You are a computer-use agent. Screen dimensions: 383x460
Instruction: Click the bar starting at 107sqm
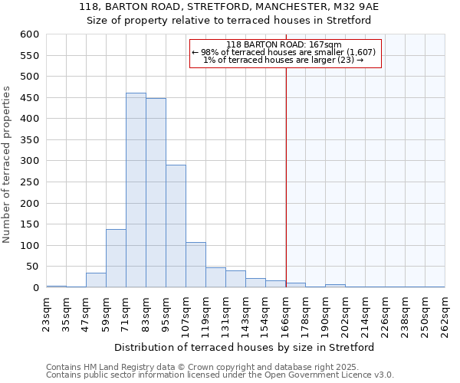[x=195, y=265]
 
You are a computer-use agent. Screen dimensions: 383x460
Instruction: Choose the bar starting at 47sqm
[x=96, y=280]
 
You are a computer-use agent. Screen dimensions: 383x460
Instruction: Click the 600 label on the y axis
[x=28, y=34]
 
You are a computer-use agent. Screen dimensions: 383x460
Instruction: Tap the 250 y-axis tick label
[x=28, y=203]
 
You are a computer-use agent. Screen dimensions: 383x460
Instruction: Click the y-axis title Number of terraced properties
[x=7, y=164]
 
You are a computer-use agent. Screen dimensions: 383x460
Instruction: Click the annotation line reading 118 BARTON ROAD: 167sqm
[x=284, y=44]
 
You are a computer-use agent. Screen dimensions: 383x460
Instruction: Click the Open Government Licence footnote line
[x=219, y=375]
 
